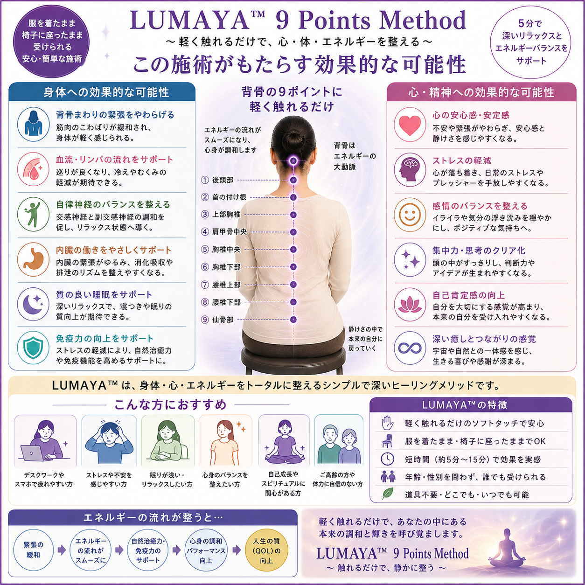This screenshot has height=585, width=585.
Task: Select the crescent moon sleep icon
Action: [34, 305]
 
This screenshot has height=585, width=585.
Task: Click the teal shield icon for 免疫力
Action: [33, 348]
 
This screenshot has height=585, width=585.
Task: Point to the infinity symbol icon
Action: [410, 348]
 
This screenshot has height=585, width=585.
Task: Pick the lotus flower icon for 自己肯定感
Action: [410, 305]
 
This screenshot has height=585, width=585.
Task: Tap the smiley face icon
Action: [410, 215]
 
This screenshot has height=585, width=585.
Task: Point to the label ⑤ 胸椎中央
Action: [221, 250]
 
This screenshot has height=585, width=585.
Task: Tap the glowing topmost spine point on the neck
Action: [293, 160]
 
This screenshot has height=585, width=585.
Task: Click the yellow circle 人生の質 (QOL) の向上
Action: [266, 550]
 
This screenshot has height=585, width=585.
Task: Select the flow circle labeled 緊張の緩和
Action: [33, 550]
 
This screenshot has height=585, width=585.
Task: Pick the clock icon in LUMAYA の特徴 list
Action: [387, 459]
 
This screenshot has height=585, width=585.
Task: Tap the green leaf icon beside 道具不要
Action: [387, 494]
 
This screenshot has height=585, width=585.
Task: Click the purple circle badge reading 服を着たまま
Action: [52, 41]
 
